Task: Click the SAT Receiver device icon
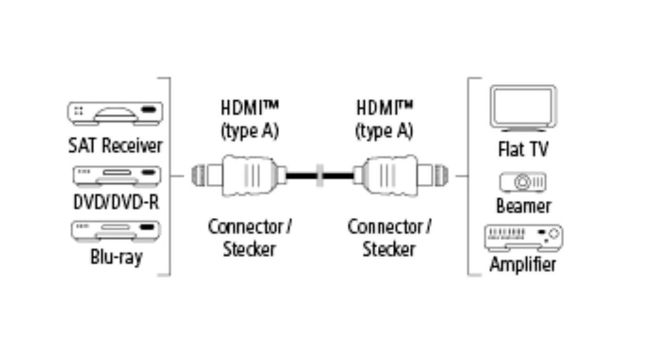115,114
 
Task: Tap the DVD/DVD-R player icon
117,175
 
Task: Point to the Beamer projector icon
522,182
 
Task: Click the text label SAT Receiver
115,145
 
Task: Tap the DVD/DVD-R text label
116,202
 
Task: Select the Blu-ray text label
116,256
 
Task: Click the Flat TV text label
523,149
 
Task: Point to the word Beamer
523,206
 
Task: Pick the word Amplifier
522,265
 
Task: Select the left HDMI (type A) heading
250,119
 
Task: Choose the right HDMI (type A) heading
384,119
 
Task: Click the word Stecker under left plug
249,249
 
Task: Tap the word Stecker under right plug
389,249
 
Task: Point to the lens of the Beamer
522,183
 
